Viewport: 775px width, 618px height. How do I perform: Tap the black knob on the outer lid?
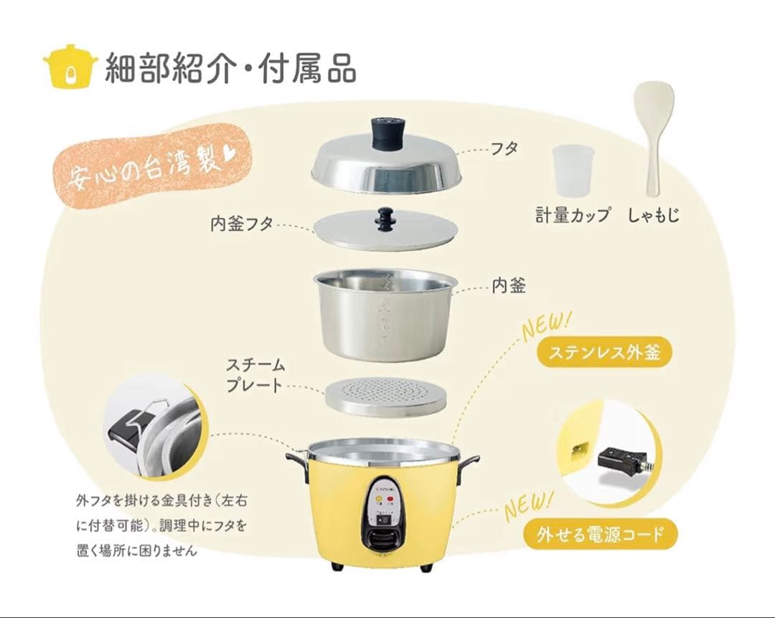[x=387, y=133]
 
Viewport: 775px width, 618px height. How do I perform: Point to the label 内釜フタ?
[x=242, y=224]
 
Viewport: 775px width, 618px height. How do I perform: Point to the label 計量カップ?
[x=573, y=215]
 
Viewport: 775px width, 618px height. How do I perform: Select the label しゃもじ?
[x=653, y=215]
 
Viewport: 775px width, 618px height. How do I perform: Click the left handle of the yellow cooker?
[x=296, y=459]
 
